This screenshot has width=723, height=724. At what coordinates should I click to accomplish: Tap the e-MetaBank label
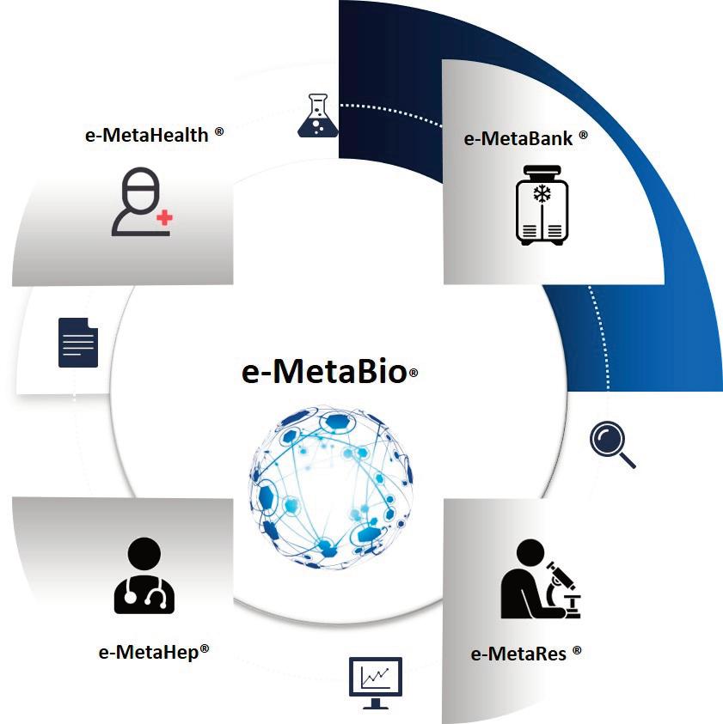point(518,138)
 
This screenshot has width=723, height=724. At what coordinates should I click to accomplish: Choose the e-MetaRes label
point(518,654)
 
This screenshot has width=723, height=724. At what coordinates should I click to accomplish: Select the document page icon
point(78,342)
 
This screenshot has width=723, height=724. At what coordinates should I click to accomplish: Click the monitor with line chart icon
point(375,682)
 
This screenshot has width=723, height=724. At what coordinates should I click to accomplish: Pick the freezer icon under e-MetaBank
point(542,211)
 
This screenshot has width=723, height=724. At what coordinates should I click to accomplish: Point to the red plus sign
point(164,218)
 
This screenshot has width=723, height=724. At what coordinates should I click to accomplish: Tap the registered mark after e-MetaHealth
point(220,131)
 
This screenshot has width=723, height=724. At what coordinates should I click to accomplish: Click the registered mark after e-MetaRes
point(577,650)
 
